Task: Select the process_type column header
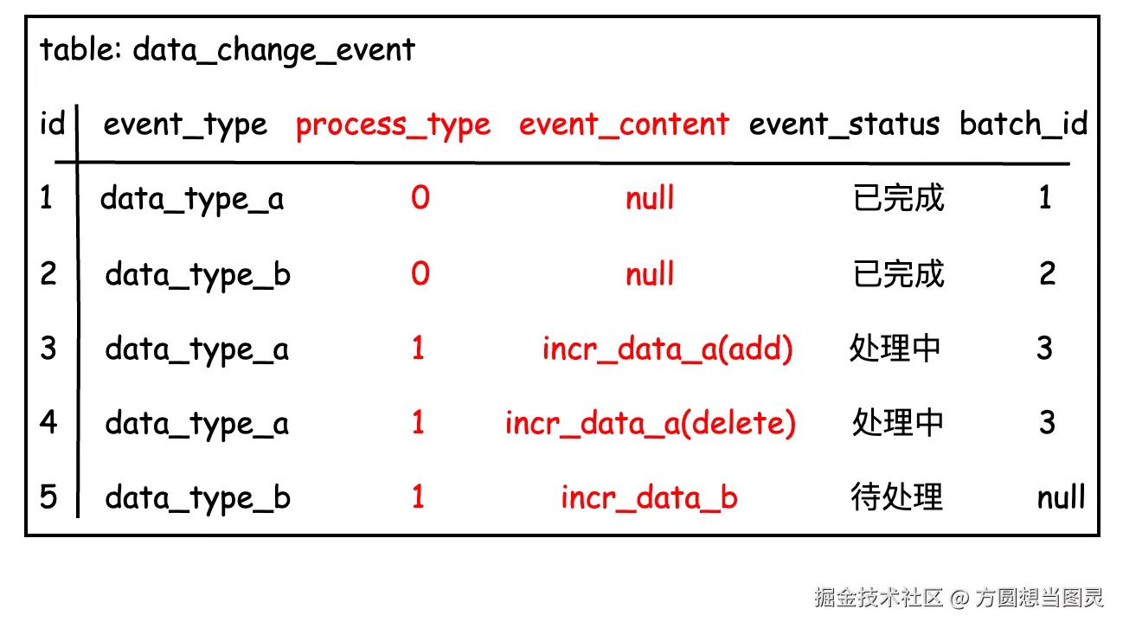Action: click(393, 125)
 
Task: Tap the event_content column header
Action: click(624, 124)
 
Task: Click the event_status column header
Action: click(844, 124)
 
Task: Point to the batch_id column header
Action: click(1024, 124)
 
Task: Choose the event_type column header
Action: click(185, 125)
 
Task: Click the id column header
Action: click(53, 123)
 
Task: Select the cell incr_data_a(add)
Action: click(667, 349)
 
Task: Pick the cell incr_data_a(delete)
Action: click(651, 424)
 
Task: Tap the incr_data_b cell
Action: click(649, 497)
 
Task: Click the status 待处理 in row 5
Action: click(897, 497)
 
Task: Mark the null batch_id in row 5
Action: click(1061, 497)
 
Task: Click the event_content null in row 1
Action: click(650, 197)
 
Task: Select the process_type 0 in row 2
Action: click(420, 273)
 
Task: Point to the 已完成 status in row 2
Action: click(898, 273)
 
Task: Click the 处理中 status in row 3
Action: click(895, 348)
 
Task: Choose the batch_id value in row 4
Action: click(1047, 422)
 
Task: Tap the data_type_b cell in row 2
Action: click(197, 276)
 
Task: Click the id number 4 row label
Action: click(48, 421)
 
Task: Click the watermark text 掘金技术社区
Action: click(878, 598)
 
